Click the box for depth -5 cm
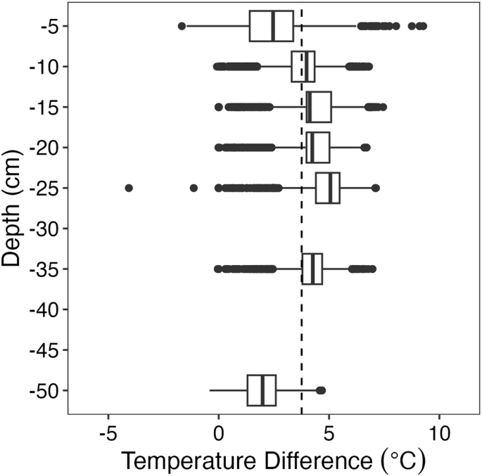pyautogui.click(x=262, y=26)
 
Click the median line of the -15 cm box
pyautogui.click(x=309, y=107)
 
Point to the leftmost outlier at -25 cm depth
pyautogui.click(x=129, y=188)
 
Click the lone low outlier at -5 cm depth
pyautogui.click(x=182, y=26)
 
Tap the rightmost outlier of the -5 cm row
pyautogui.click(x=423, y=26)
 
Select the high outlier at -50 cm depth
pyautogui.click(x=321, y=390)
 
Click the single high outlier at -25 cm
pyautogui.click(x=376, y=188)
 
